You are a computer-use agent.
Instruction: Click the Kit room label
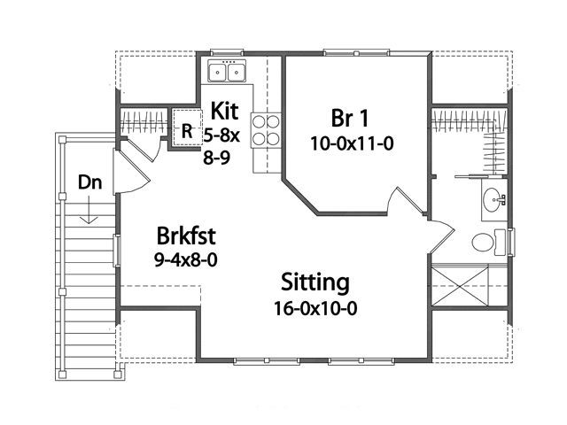224,111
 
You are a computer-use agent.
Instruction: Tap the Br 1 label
349,118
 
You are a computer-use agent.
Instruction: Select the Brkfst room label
186,236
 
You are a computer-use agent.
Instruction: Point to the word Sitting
315,283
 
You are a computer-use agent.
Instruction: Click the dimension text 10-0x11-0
352,144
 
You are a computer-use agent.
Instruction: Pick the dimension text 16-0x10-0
315,309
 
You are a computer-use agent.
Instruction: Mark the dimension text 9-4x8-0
186,259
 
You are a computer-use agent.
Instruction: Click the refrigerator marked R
187,127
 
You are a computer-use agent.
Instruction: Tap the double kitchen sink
227,71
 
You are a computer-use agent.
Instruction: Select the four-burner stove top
266,130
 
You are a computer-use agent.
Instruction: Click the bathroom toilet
488,242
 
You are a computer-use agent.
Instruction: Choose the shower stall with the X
460,285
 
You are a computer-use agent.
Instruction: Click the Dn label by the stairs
90,182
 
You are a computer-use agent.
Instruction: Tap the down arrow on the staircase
89,210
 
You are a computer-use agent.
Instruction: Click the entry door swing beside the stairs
132,173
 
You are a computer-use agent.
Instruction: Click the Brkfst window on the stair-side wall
116,251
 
